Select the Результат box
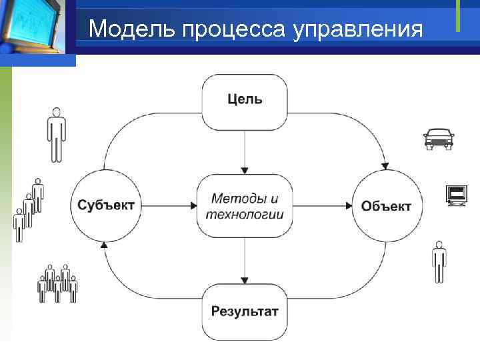[245, 311]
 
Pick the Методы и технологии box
[245, 206]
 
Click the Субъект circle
[105, 205]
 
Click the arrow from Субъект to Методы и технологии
[167, 205]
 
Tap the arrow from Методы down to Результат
[245, 260]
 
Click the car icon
[438, 138]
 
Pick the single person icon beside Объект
[438, 262]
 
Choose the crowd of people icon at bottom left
[57, 283]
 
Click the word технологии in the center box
[245, 214]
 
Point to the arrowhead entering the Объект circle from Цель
[384, 166]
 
